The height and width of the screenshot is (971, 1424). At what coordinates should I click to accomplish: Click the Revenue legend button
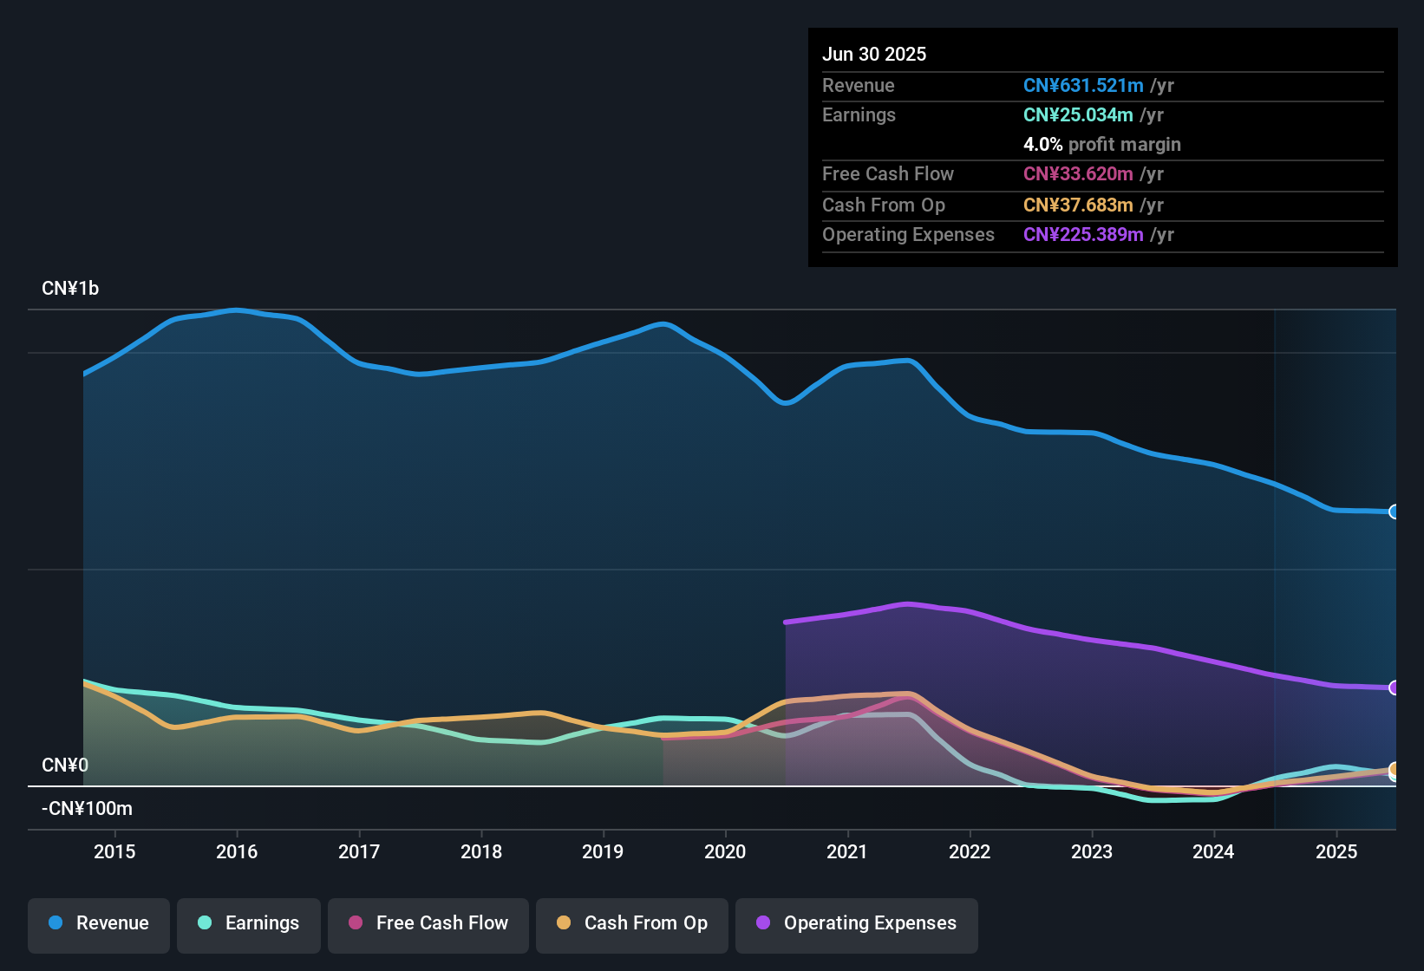98,923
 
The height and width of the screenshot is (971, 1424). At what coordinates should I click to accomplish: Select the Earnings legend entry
248,923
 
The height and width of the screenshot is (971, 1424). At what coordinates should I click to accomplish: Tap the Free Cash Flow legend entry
428,923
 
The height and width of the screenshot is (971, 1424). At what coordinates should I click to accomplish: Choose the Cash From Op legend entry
631,923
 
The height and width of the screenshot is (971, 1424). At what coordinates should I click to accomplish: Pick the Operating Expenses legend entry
856,923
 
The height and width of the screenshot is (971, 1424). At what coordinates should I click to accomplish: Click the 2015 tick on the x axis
114,851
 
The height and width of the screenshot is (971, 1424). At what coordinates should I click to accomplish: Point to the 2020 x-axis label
725,851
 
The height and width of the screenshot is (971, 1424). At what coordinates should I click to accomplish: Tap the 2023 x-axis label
1092,851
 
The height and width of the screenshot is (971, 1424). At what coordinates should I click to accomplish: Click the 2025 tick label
1336,851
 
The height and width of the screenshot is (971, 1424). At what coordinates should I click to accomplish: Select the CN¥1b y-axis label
70,289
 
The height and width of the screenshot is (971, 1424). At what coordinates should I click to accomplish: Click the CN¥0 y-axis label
65,766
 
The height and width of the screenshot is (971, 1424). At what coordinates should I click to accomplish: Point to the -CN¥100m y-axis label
87,809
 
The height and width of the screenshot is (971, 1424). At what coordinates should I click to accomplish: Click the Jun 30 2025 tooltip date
874,55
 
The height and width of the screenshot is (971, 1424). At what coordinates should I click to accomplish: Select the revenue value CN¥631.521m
1083,86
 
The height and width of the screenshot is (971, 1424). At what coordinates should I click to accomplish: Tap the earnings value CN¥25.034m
1078,115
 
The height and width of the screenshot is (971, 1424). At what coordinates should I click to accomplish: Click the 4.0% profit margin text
1101,145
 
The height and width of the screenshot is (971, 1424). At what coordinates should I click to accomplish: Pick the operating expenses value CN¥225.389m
1083,235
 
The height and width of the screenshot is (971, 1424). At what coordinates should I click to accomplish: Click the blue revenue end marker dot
1394,512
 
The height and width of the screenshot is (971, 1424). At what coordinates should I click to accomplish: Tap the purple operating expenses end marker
1394,688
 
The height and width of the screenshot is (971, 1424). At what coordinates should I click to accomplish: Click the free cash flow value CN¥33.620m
1078,174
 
